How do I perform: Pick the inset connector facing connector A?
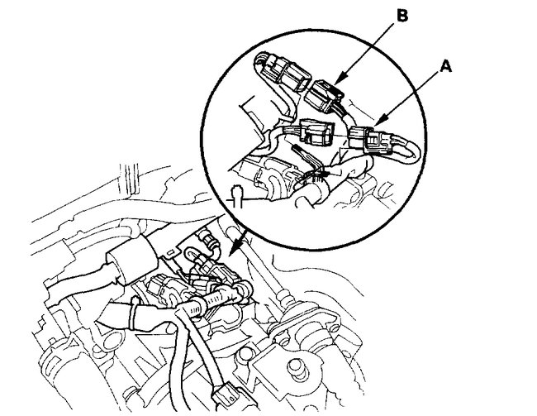pyautogui.click(x=318, y=132)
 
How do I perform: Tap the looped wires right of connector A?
pyautogui.click(x=403, y=146)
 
